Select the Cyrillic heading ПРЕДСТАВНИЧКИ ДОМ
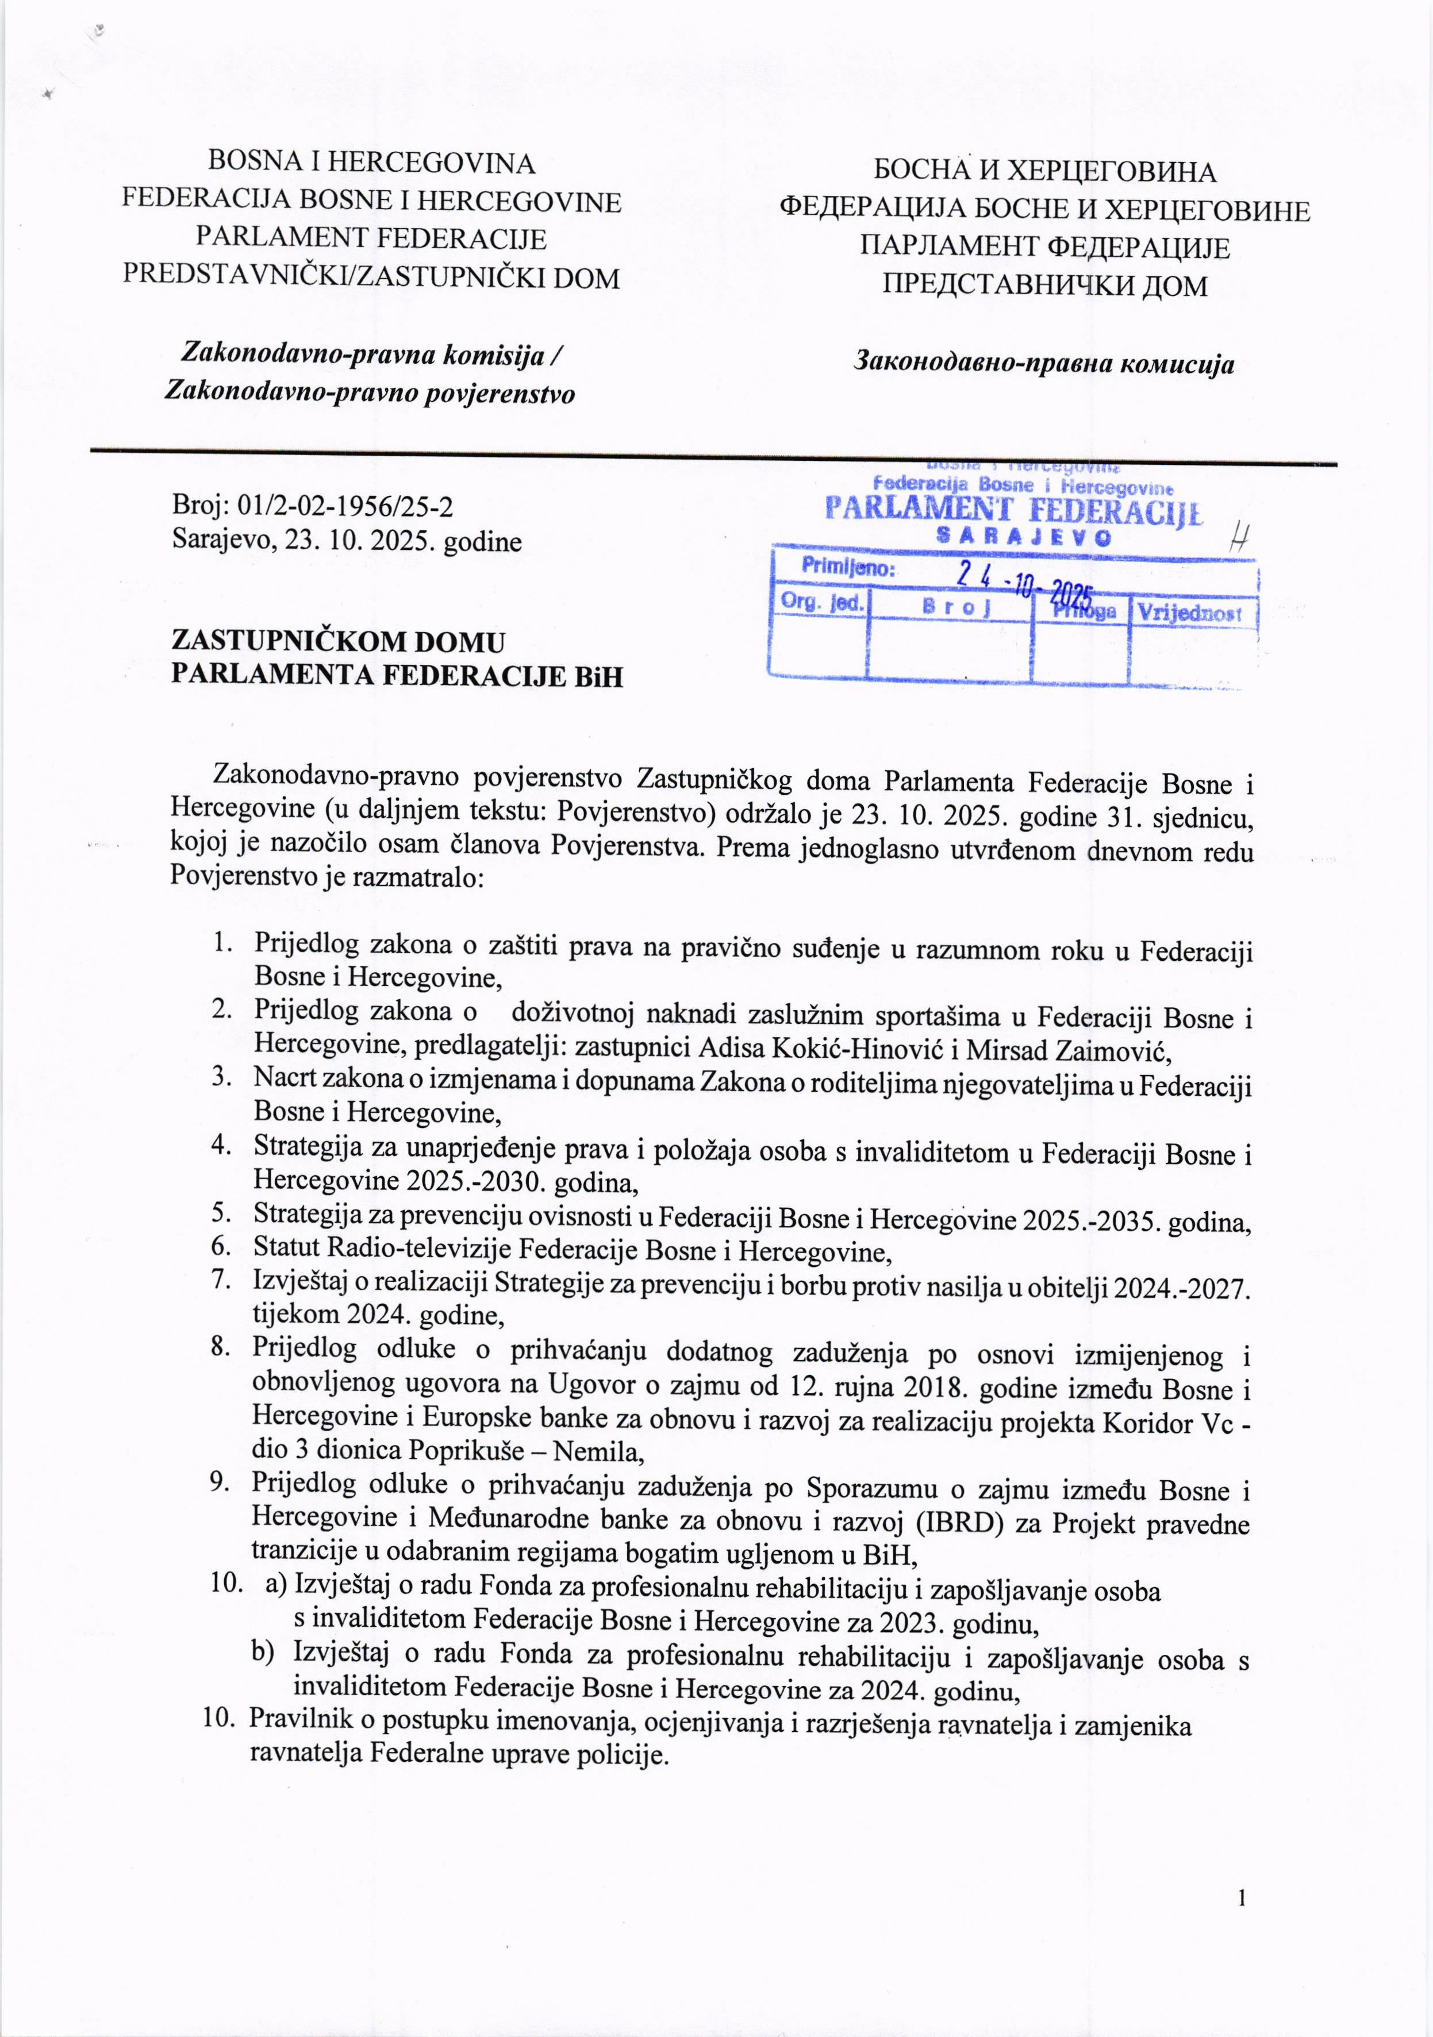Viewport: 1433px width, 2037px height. click(1044, 285)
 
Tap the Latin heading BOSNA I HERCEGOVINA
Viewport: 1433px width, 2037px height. click(371, 163)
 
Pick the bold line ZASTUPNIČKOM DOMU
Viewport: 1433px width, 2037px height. click(338, 641)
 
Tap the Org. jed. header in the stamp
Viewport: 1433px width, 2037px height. click(821, 602)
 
